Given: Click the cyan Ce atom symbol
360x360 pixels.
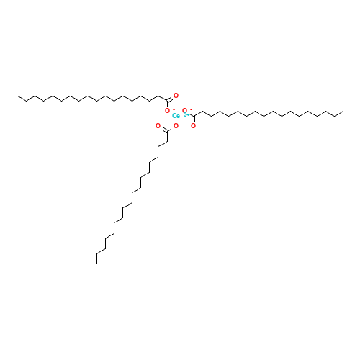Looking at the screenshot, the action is [176, 116].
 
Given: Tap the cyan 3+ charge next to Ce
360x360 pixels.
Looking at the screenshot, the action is [185, 114].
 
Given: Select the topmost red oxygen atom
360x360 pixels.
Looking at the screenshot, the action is [176, 95].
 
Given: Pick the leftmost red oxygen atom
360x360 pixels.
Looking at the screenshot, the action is [158, 126].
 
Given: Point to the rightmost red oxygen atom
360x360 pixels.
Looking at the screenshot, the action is [193, 126].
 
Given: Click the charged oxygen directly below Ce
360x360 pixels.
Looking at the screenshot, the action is [176, 126].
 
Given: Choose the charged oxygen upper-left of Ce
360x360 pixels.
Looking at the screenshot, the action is [167, 111].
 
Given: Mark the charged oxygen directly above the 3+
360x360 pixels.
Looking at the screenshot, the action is [184, 111].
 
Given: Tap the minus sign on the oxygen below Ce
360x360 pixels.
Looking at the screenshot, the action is [181, 125].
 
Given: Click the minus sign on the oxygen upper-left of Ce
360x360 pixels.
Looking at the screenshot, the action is [173, 109].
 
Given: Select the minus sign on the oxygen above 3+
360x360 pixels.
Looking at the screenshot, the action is [190, 109].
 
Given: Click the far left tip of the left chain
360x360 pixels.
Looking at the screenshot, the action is [19, 98].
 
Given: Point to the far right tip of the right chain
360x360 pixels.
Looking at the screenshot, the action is [342, 112].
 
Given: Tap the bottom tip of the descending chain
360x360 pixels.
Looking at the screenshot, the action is [97, 253].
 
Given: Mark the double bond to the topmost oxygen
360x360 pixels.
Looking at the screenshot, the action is [172, 97].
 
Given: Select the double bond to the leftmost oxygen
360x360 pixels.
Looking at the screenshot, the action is [162, 128].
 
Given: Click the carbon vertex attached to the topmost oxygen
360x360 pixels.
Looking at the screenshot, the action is [168, 100].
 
